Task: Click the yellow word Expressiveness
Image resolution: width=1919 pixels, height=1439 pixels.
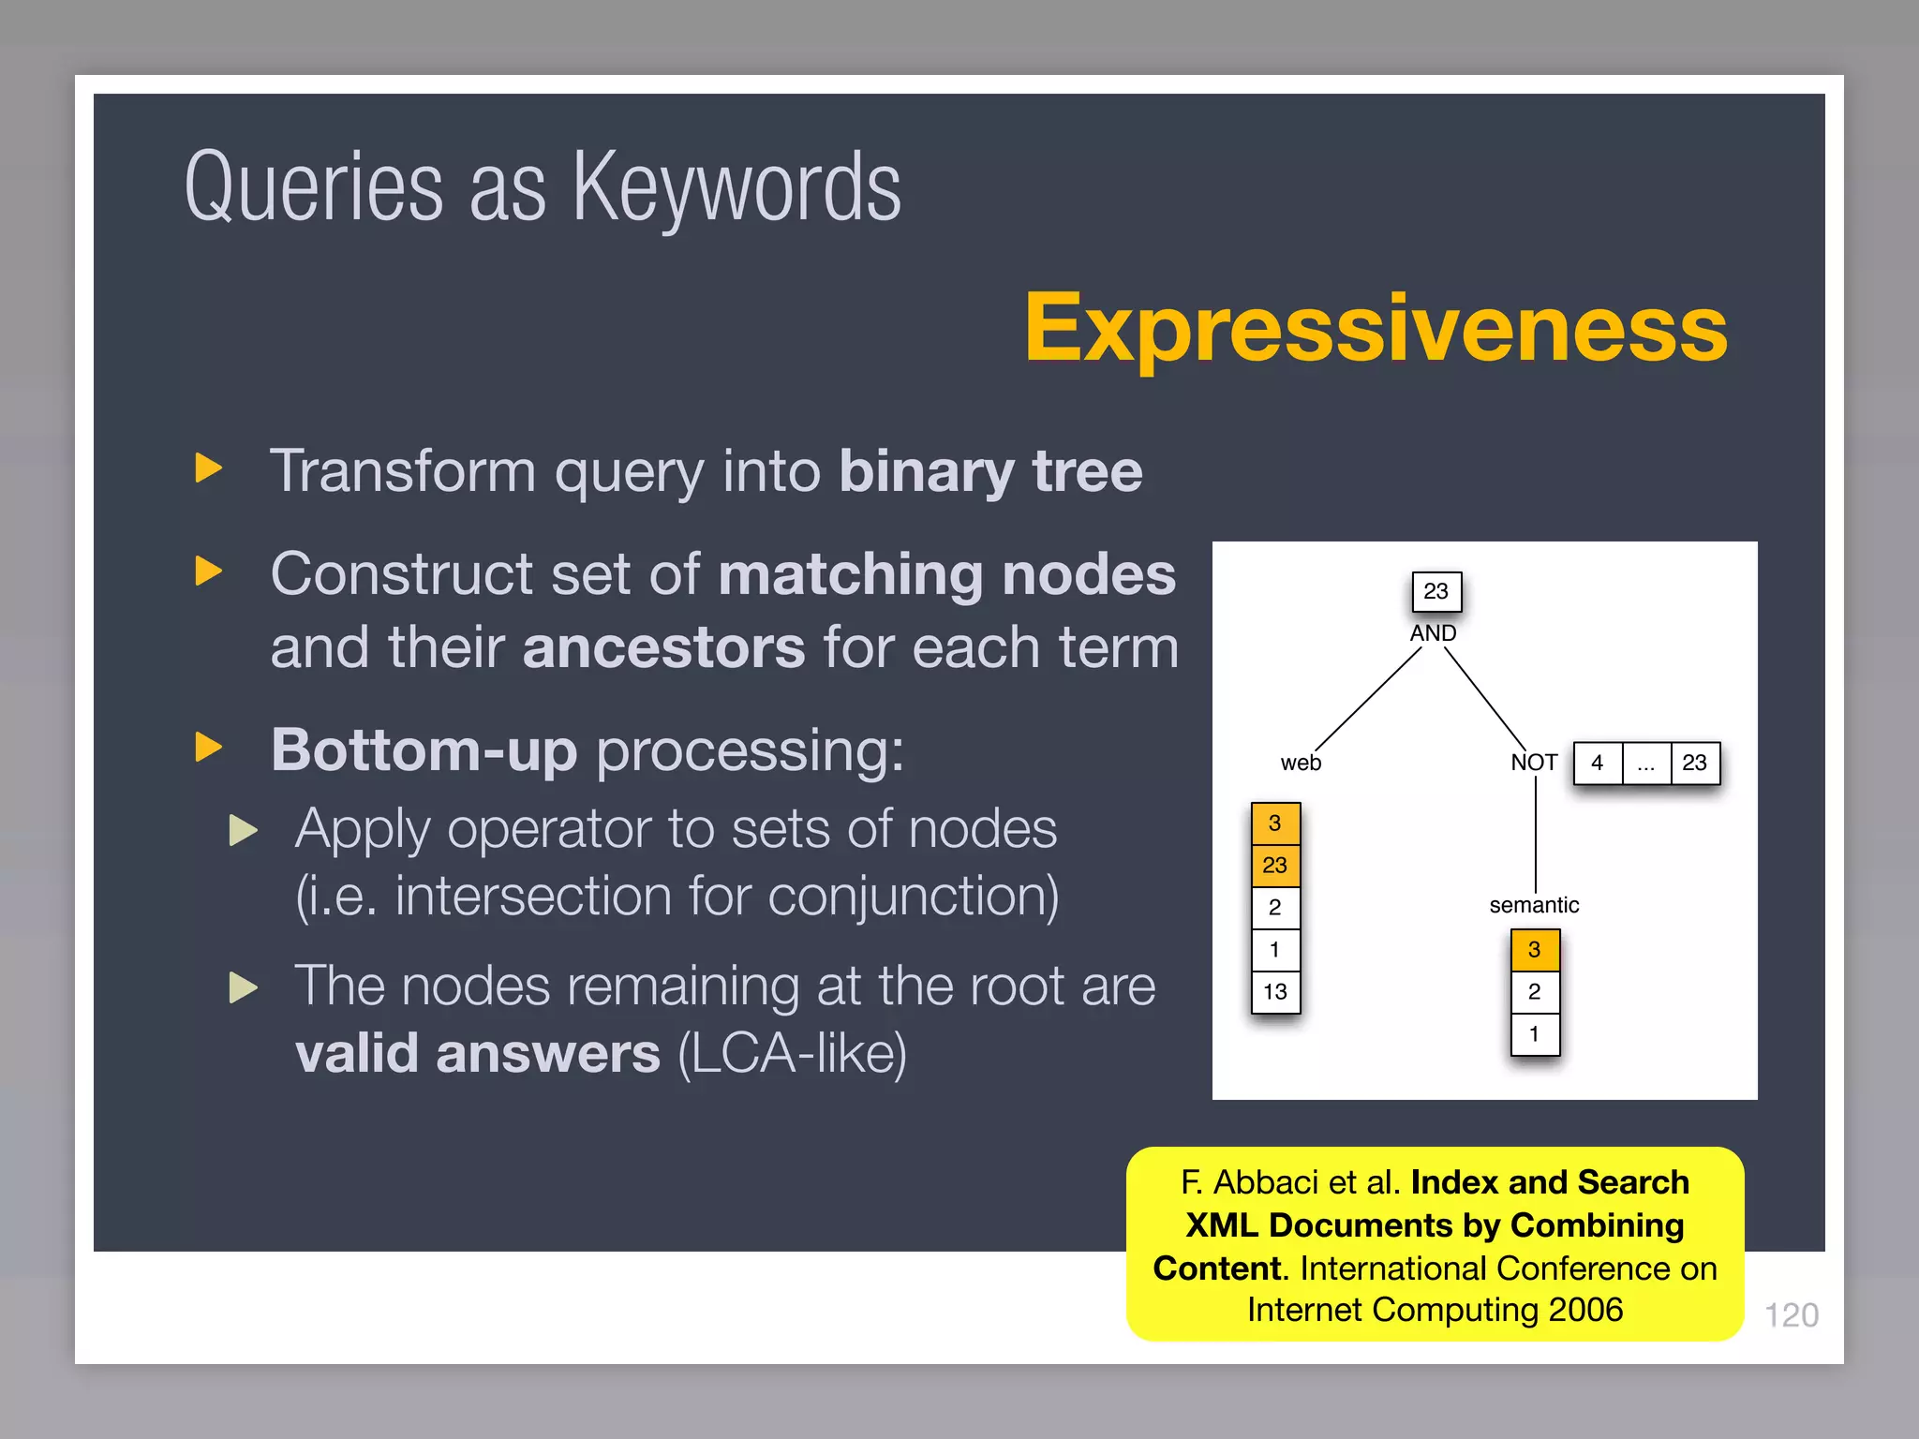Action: tap(1376, 328)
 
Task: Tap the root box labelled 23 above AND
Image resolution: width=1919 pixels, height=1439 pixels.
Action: tap(1436, 591)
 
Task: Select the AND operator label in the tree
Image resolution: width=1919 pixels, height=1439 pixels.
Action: tap(1433, 633)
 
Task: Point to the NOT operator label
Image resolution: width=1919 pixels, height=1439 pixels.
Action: tap(1534, 763)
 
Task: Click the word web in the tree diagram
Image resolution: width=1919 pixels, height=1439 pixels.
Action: tap(1301, 763)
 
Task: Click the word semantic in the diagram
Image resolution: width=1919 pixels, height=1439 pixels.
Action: tap(1534, 905)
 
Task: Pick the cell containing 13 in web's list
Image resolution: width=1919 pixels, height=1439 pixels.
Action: tap(1275, 991)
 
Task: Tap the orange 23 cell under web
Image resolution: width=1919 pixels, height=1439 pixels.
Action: tap(1275, 865)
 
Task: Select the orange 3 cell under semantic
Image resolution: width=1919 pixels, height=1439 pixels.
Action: tap(1535, 950)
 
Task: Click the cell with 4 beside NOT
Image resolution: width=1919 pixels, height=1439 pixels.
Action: tap(1598, 763)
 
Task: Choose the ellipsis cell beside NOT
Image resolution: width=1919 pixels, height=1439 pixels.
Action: tap(1646, 763)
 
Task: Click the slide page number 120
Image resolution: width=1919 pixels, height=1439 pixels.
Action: tap(1791, 1315)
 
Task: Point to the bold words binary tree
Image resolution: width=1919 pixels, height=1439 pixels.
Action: tap(990, 470)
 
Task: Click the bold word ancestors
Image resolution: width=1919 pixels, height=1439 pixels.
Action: tap(663, 647)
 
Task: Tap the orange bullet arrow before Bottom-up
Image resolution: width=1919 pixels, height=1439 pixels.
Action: tap(208, 748)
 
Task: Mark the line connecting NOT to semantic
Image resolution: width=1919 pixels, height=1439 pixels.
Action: tap(1536, 834)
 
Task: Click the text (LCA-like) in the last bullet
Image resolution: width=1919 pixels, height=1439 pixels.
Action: tap(792, 1054)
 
